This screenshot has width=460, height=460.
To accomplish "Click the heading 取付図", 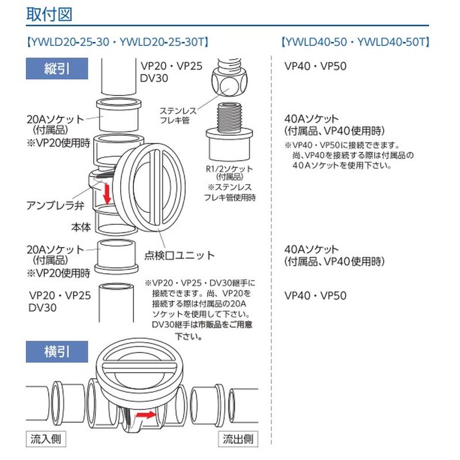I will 49,14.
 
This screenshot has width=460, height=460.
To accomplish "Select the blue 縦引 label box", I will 57,70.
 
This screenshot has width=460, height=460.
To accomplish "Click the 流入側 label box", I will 45,440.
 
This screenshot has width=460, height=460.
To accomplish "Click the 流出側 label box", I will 237,440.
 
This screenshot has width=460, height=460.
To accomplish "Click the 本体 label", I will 81,226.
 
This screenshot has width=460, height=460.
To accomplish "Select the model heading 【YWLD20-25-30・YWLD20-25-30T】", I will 117,43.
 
